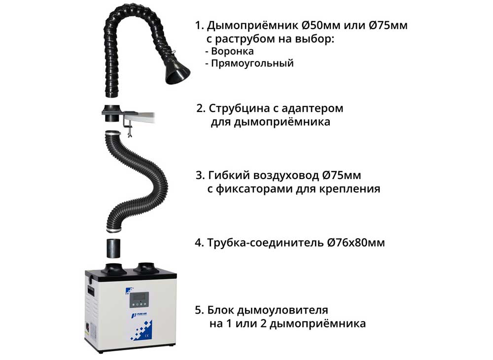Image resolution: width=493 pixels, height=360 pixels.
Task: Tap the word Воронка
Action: (x=232, y=51)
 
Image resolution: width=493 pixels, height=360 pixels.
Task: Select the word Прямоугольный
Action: (x=252, y=63)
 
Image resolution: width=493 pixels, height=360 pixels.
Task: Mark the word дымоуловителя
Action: (x=282, y=310)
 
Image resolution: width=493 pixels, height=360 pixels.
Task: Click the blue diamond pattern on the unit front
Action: (x=141, y=330)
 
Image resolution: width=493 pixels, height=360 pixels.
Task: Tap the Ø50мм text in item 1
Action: (x=321, y=25)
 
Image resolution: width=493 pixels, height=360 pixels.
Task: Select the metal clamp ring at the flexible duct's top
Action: (x=113, y=133)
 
